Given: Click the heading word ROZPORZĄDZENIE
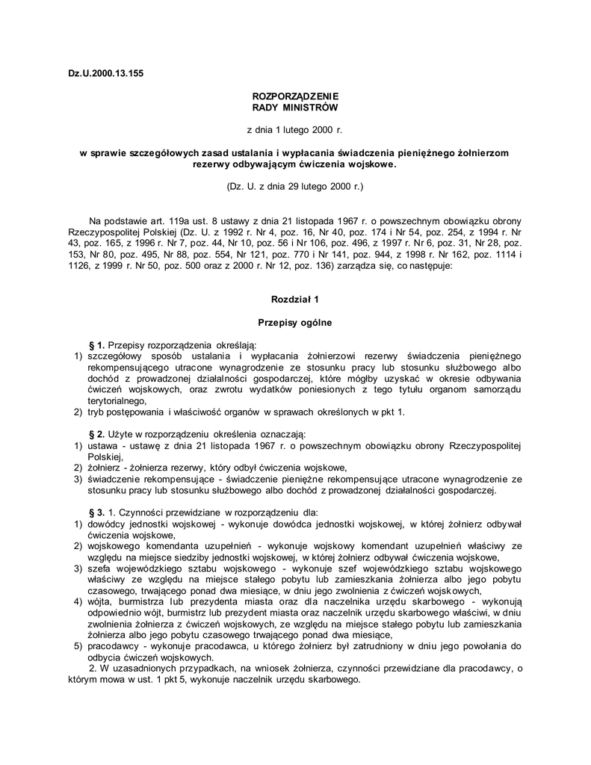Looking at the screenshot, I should (295, 96).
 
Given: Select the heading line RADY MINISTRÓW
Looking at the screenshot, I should (295, 108).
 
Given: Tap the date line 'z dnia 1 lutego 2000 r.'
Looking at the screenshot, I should (295, 130).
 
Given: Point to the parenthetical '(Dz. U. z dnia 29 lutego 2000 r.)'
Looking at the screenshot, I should (295, 185).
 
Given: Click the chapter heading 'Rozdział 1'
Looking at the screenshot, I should (295, 300).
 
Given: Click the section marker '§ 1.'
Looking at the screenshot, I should (97, 345).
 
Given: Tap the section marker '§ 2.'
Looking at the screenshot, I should (97, 435).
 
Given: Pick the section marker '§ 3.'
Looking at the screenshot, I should (97, 513).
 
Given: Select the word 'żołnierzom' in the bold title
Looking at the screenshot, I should (480, 152).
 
